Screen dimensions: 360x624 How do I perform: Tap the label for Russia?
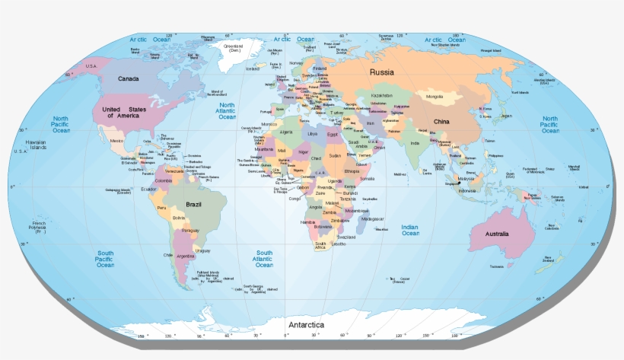click(382, 72)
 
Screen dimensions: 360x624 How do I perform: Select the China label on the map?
click(442, 122)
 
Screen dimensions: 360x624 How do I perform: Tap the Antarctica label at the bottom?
click(305, 326)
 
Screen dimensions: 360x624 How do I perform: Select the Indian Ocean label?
click(410, 230)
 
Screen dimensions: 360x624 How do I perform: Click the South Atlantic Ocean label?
click(264, 259)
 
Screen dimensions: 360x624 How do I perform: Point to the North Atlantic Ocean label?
click(227, 111)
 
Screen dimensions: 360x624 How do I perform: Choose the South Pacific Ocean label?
click(105, 259)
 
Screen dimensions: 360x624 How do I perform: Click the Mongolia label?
click(435, 97)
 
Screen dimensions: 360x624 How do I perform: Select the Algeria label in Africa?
click(287, 132)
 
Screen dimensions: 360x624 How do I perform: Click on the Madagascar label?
click(373, 218)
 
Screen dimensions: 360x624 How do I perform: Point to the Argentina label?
click(186, 256)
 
